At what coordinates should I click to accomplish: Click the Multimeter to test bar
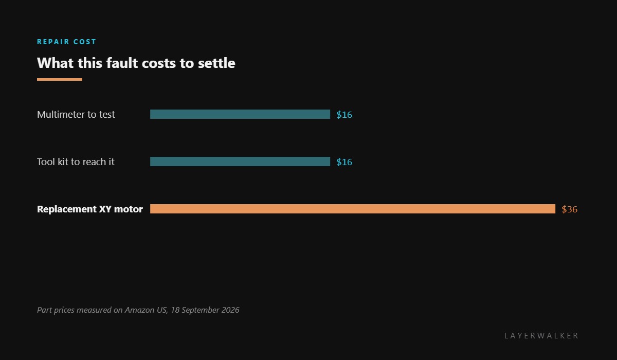(240, 114)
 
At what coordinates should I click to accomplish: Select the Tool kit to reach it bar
(240, 161)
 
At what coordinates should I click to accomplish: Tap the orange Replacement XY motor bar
(353, 209)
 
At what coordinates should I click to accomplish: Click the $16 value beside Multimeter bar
(344, 115)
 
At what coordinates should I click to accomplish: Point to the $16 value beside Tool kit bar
(344, 162)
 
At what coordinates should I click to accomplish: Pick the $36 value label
(569, 209)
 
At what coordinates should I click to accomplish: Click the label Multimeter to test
(76, 114)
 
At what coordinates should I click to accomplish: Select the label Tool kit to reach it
(76, 161)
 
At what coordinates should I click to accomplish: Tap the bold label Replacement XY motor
(90, 209)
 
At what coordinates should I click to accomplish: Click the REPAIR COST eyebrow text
(66, 42)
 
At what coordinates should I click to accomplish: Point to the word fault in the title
(122, 63)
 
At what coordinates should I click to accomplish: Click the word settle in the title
(216, 63)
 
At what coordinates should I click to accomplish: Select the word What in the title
(56, 63)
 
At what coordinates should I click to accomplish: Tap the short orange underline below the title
(60, 80)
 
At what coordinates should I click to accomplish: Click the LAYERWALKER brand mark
(541, 336)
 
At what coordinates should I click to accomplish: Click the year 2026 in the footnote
(230, 310)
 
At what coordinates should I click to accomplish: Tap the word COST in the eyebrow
(85, 42)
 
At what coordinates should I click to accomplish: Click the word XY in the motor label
(105, 209)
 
